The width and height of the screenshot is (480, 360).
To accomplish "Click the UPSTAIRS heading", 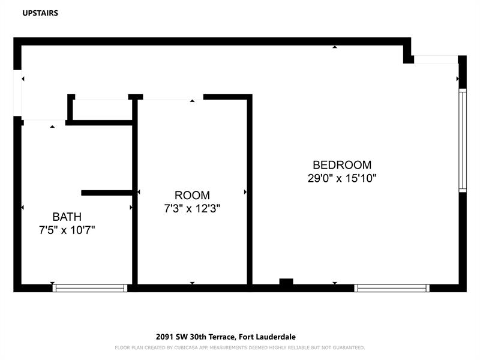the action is tap(40, 13).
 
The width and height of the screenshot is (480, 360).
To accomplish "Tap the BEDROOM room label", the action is tap(342, 165).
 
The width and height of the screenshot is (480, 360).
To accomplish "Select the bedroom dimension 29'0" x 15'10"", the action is tap(342, 178).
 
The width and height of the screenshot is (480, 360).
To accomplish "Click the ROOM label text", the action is tap(192, 196).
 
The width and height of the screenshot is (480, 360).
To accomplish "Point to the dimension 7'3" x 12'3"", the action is tap(192, 209).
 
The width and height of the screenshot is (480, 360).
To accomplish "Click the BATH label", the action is tap(67, 217).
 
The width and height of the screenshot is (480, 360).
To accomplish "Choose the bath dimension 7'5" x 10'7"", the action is tap(67, 230).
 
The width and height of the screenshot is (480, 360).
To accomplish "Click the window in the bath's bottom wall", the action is tap(89, 288).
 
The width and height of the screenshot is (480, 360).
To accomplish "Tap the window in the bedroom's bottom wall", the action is tap(392, 288).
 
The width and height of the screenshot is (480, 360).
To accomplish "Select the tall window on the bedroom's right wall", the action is tap(463, 140).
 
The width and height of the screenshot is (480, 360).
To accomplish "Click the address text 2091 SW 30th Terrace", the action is tap(196, 337).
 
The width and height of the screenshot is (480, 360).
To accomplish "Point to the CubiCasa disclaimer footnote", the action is tap(239, 348).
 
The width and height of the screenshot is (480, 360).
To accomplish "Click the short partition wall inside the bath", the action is tap(107, 193).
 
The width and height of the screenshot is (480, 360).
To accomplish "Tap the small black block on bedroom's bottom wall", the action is tap(286, 281).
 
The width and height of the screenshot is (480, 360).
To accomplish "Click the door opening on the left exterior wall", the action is tap(17, 93).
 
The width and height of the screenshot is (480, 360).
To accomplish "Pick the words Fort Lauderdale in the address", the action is tap(267, 337).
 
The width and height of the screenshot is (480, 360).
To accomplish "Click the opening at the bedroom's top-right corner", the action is tap(436, 59).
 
